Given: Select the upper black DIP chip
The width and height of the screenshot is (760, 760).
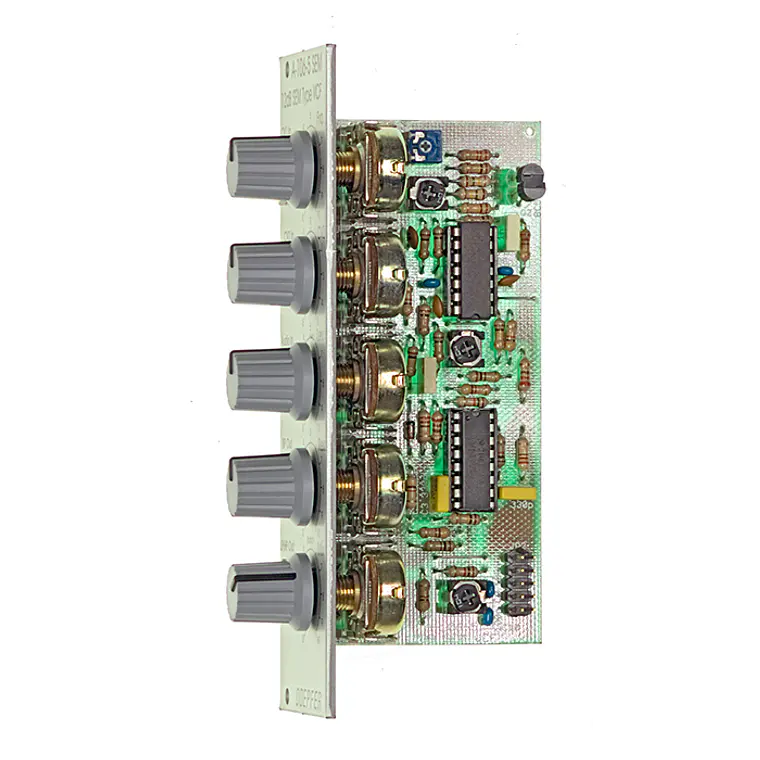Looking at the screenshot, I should pos(468,268).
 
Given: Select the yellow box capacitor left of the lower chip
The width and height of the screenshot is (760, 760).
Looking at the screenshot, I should pos(438,490).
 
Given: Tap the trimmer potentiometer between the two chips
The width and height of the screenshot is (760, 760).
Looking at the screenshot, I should pos(461,348).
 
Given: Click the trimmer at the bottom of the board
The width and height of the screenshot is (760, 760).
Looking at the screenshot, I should pos(461,596).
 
